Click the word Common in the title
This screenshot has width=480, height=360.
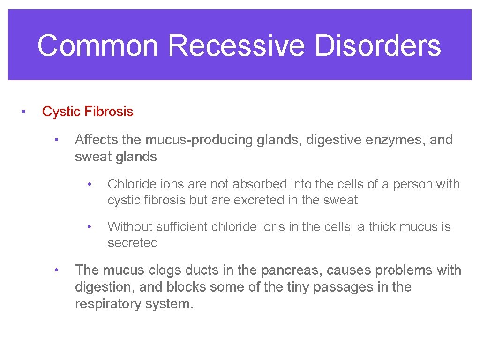coord(98,45)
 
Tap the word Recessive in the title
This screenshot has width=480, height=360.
coord(236,45)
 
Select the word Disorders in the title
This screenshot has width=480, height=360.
coord(378,45)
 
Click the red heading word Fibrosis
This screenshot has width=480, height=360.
coord(110,112)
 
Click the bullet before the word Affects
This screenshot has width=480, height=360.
coord(56,140)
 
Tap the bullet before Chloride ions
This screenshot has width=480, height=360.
coord(89,184)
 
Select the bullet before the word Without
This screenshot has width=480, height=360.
coord(89,226)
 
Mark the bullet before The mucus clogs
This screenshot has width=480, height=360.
coord(56,270)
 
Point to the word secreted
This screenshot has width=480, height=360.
coord(133,243)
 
